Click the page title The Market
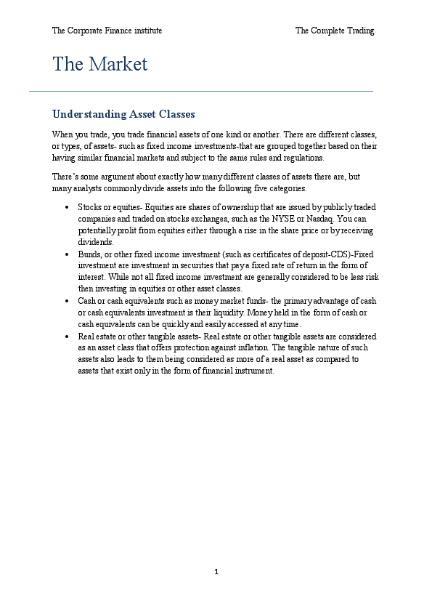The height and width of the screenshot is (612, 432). click(99, 65)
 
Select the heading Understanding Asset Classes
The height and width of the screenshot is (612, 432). click(123, 115)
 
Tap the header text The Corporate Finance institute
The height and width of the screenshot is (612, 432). click(107, 31)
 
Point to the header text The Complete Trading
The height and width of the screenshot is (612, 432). click(335, 31)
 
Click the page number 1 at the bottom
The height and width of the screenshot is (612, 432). click(216, 572)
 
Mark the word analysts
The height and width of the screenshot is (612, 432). click(83, 189)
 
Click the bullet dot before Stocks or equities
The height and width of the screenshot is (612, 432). click(66, 208)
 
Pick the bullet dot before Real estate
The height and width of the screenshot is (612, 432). click(66, 337)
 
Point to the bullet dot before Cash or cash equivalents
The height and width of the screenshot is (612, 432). click(66, 301)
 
